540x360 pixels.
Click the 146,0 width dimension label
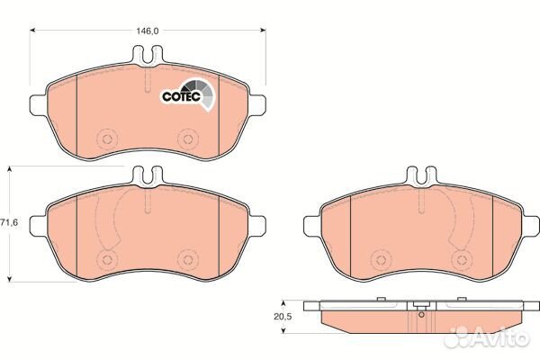pyautogui.click(x=147, y=31)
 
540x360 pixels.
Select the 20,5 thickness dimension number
pyautogui.click(x=283, y=317)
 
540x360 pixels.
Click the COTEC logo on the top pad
pyautogui.click(x=188, y=94)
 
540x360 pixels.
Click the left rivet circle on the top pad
pyautogui.click(x=107, y=139)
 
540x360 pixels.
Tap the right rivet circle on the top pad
pyautogui.click(x=188, y=139)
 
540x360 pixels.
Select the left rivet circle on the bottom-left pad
pyautogui.click(x=107, y=259)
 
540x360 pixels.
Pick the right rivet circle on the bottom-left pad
pyautogui.click(x=188, y=259)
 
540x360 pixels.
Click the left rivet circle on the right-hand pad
pyautogui.click(x=381, y=260)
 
